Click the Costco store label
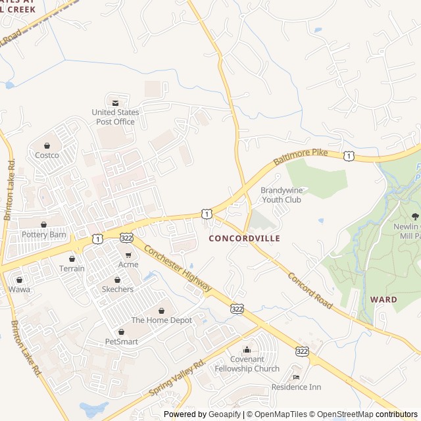coord(47,155)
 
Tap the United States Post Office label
coord(115,117)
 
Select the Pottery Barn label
coord(44,234)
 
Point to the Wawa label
coord(19,289)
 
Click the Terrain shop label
coord(72,268)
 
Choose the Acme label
coord(128,264)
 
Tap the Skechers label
coord(118,289)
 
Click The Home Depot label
coord(161,320)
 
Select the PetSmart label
coord(122,341)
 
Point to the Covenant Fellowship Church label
coord(247,364)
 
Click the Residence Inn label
coord(296,387)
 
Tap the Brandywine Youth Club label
coord(281,195)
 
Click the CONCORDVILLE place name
coord(244,238)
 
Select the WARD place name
coord(384,299)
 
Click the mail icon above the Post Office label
coord(115,103)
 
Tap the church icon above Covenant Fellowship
coord(247,349)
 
